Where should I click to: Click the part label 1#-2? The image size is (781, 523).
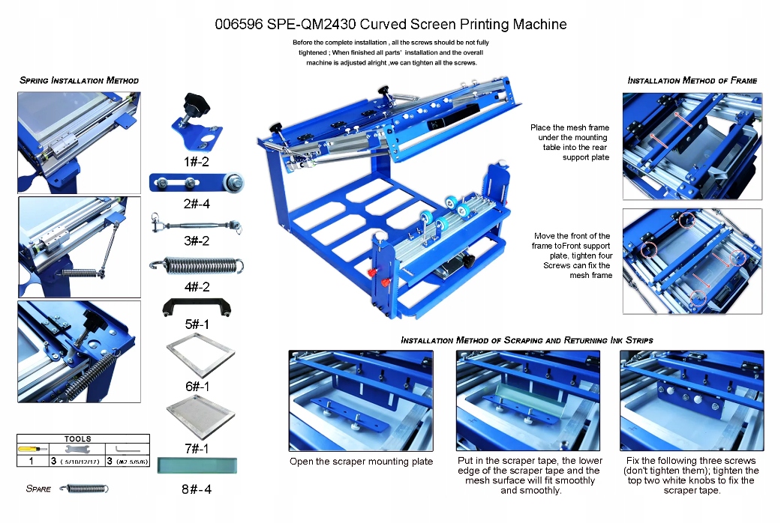(x=196, y=161)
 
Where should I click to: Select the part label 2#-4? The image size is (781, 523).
(x=196, y=203)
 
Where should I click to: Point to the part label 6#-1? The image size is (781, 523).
(x=196, y=386)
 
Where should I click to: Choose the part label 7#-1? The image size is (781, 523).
(x=196, y=448)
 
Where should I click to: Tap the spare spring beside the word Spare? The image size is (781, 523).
(x=83, y=489)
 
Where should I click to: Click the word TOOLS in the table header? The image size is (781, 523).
(x=78, y=439)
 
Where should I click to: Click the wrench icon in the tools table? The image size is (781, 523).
(x=77, y=450)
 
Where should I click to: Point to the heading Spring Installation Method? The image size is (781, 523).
(x=79, y=80)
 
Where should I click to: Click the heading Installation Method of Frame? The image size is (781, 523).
(x=692, y=80)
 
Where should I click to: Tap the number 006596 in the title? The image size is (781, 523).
(x=238, y=24)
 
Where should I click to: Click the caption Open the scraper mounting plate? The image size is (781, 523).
(x=361, y=462)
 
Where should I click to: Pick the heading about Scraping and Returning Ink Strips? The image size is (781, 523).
(x=527, y=340)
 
